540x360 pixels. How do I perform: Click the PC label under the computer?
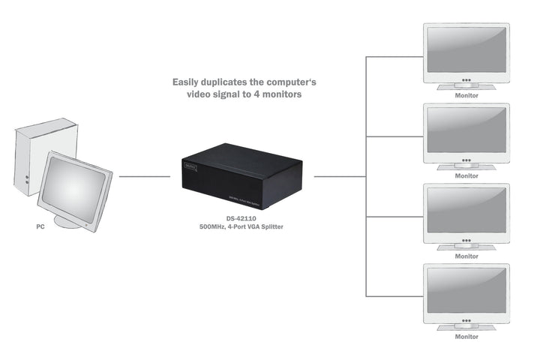40,226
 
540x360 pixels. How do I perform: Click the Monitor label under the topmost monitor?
466,96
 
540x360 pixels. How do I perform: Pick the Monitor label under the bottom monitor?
466,337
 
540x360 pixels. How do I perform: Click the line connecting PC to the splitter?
145,177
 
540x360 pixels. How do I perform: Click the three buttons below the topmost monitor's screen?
466,78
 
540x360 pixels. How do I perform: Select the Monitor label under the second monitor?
466,176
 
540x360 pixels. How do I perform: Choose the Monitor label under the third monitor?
466,256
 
